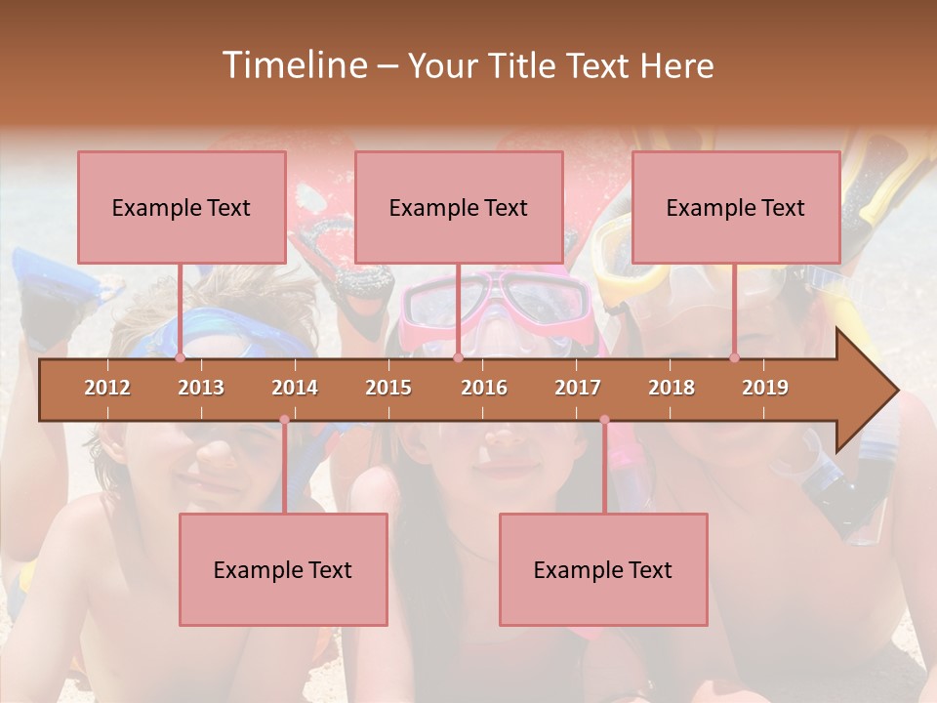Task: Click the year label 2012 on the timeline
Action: pos(107,388)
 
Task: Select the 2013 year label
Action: pos(201,388)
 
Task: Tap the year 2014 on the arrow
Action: pos(295,388)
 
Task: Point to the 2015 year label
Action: pos(388,388)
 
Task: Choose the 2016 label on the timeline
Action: pos(484,388)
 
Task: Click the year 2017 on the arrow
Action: pos(578,388)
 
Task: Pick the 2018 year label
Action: pos(672,388)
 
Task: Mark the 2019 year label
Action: pos(765,388)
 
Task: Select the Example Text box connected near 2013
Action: pos(182,207)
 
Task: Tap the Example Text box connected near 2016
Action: pos(459,207)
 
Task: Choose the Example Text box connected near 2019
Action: pos(736,207)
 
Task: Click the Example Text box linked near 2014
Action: pos(283,569)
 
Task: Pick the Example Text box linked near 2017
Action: pos(603,569)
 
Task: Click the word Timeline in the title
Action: pos(293,65)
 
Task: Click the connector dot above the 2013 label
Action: pos(180,357)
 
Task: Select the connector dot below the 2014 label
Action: pos(284,420)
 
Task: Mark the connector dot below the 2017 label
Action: pos(604,420)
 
